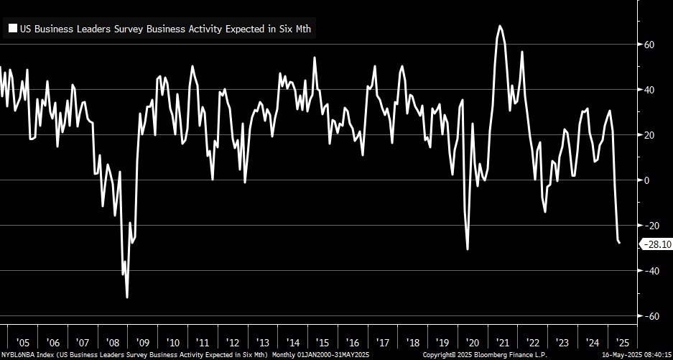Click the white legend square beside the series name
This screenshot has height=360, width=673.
[12, 29]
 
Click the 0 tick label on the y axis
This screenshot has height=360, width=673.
[646, 180]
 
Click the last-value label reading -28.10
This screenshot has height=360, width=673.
[656, 244]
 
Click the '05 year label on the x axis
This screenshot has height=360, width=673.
[22, 342]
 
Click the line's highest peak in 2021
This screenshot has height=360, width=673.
[499, 26]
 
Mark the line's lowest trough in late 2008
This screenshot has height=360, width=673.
[127, 297]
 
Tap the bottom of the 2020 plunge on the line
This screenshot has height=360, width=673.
[468, 249]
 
